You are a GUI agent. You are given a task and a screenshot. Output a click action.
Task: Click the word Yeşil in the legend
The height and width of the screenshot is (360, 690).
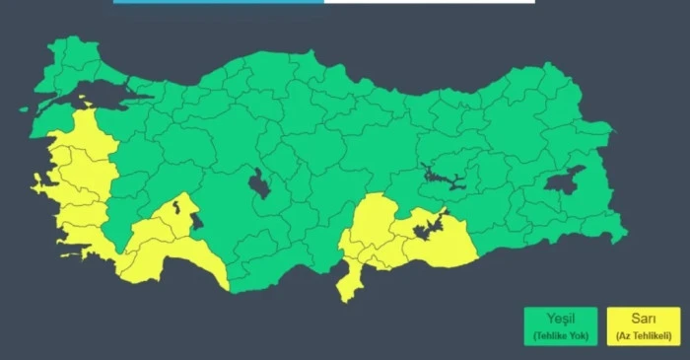(x=559, y=318)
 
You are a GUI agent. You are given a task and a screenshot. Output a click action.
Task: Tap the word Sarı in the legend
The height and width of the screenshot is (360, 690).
(x=643, y=318)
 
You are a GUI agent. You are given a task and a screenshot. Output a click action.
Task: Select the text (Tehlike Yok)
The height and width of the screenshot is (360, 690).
(x=559, y=336)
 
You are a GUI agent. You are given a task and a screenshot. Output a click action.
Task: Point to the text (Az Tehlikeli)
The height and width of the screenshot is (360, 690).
(x=643, y=336)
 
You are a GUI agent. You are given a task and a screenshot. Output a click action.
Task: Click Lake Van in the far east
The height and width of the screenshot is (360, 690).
(x=565, y=180)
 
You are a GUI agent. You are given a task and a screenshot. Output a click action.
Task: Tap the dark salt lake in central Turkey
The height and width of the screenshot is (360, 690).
(x=259, y=182)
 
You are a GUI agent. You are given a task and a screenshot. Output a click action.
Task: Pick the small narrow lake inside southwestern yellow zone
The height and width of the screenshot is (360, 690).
(x=175, y=208)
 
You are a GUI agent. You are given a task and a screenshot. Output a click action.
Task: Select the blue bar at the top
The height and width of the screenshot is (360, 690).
(x=218, y=2)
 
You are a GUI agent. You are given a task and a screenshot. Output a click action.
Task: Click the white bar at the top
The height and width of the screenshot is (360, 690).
(x=429, y=2)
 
